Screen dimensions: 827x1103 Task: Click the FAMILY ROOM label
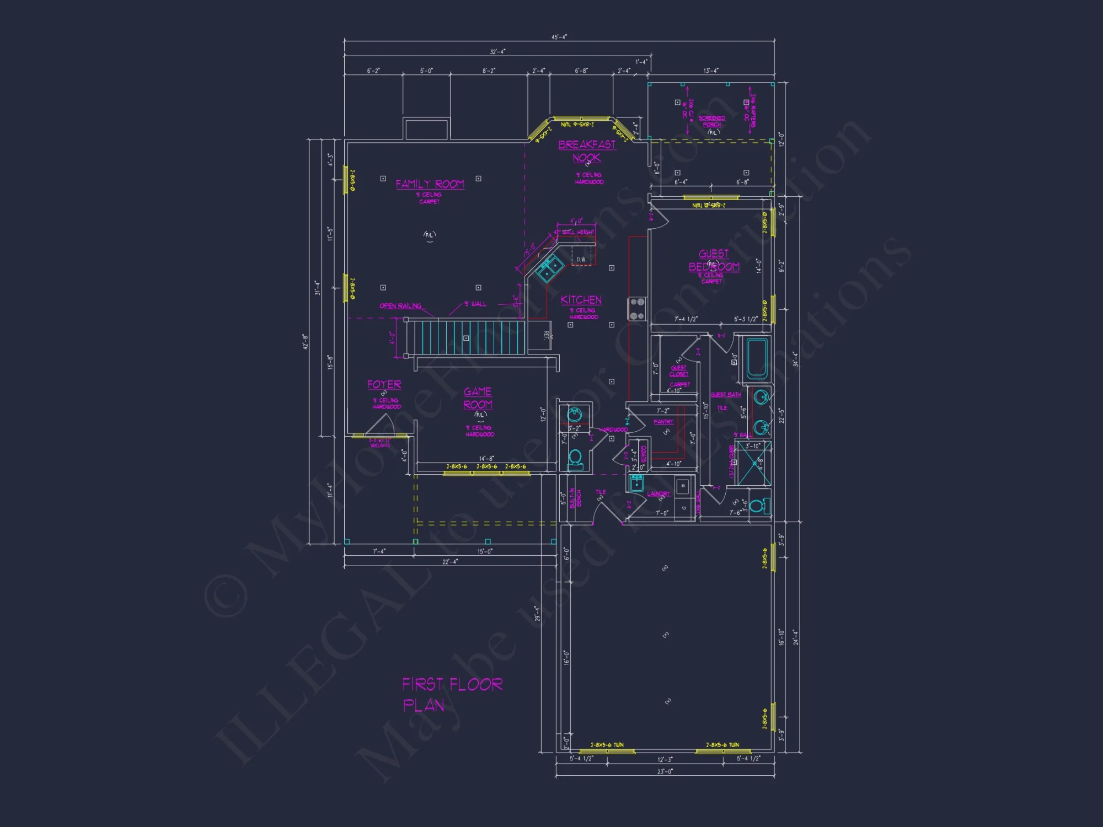click(430, 184)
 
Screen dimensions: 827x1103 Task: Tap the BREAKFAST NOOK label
click(587, 151)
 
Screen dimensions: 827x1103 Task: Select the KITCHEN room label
click(581, 300)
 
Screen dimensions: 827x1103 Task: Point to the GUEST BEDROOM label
click(714, 260)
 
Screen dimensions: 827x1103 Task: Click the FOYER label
click(384, 384)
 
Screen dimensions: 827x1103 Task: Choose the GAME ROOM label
click(478, 398)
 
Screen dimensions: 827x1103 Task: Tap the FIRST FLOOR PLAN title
click(452, 695)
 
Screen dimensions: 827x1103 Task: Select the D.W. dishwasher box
click(582, 259)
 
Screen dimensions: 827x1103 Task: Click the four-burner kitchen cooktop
click(637, 309)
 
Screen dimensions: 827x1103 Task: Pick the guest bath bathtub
click(757, 359)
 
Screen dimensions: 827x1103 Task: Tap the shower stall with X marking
click(754, 463)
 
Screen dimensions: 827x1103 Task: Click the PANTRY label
click(663, 422)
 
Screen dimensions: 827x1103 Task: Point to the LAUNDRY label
click(658, 494)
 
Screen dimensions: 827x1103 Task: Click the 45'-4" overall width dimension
click(559, 37)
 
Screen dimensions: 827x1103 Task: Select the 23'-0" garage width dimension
click(665, 771)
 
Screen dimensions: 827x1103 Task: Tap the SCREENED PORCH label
click(711, 121)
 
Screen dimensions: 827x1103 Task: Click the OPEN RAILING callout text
click(400, 306)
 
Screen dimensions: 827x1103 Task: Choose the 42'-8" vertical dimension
click(305, 341)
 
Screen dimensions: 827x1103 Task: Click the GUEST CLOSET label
click(678, 371)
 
